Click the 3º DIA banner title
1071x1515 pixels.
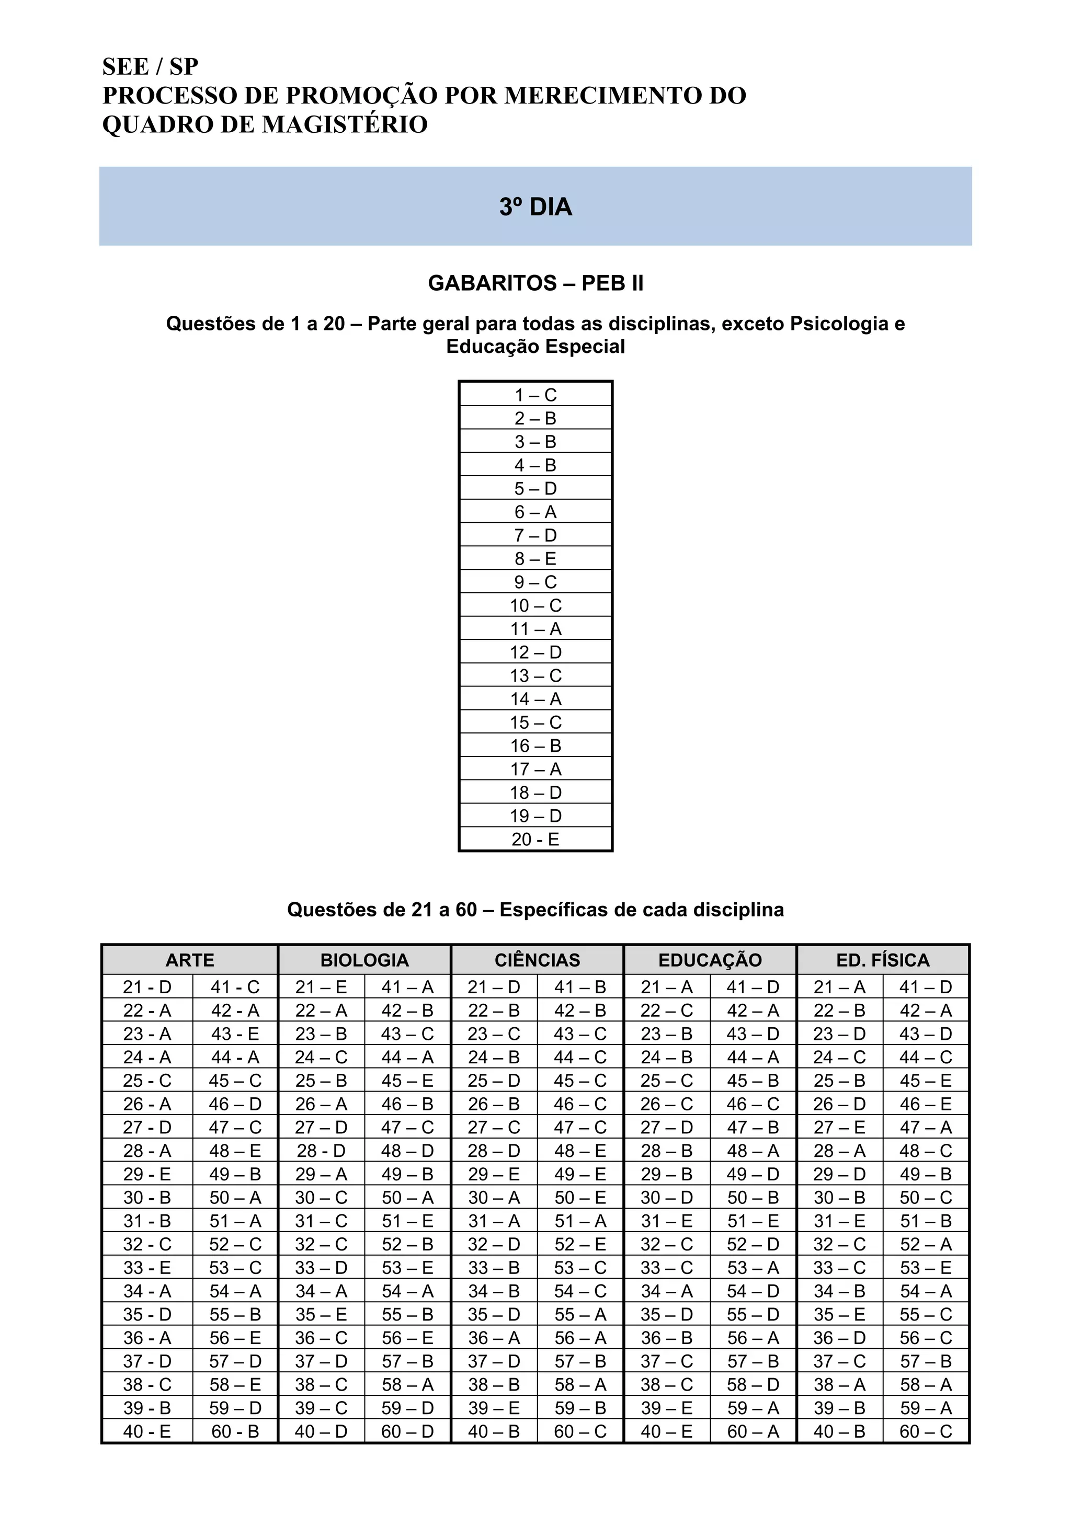click(x=535, y=207)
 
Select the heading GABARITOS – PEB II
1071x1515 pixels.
click(x=535, y=283)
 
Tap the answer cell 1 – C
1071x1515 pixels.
click(x=535, y=395)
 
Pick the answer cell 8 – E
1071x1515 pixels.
click(x=535, y=559)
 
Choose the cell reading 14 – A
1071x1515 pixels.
click(x=535, y=699)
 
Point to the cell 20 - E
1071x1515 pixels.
click(x=535, y=840)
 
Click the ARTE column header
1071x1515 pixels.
click(x=190, y=960)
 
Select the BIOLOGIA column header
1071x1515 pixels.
click(x=364, y=960)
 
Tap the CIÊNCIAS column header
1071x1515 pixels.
click(x=537, y=960)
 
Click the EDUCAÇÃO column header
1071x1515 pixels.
click(x=710, y=960)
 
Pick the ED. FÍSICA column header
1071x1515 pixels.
click(x=883, y=960)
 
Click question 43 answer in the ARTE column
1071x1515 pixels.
click(x=235, y=1034)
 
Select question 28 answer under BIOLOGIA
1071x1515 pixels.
click(x=321, y=1151)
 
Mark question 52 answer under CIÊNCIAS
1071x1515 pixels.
click(x=580, y=1244)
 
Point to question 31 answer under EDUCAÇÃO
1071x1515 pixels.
click(x=666, y=1221)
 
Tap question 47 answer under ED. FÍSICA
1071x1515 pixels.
click(x=926, y=1128)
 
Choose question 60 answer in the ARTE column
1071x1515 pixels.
click(x=235, y=1432)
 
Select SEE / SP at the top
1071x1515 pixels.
click(x=151, y=66)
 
